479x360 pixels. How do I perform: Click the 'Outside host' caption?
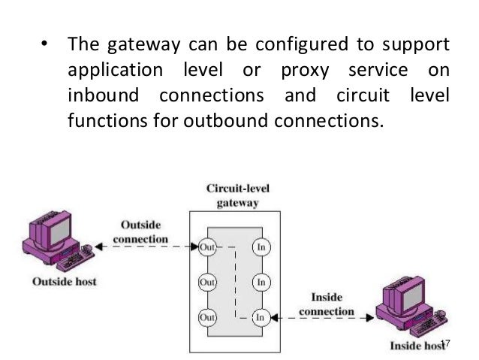[x=64, y=283]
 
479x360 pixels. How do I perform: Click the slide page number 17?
[x=444, y=343]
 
